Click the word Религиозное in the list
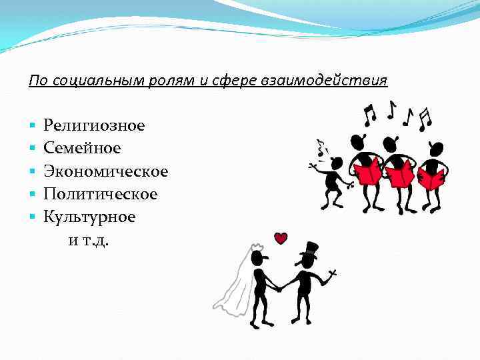coord(94,125)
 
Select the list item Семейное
coord(82,148)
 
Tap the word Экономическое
coord(105,171)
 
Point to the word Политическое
coord(100,194)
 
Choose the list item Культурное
coord(89,217)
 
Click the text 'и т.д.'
coord(89,240)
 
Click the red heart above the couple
coord(281,238)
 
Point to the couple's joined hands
coord(280,288)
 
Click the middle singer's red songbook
coord(401,174)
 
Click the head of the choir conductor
coord(336,163)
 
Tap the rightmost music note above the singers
coord(425,120)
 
